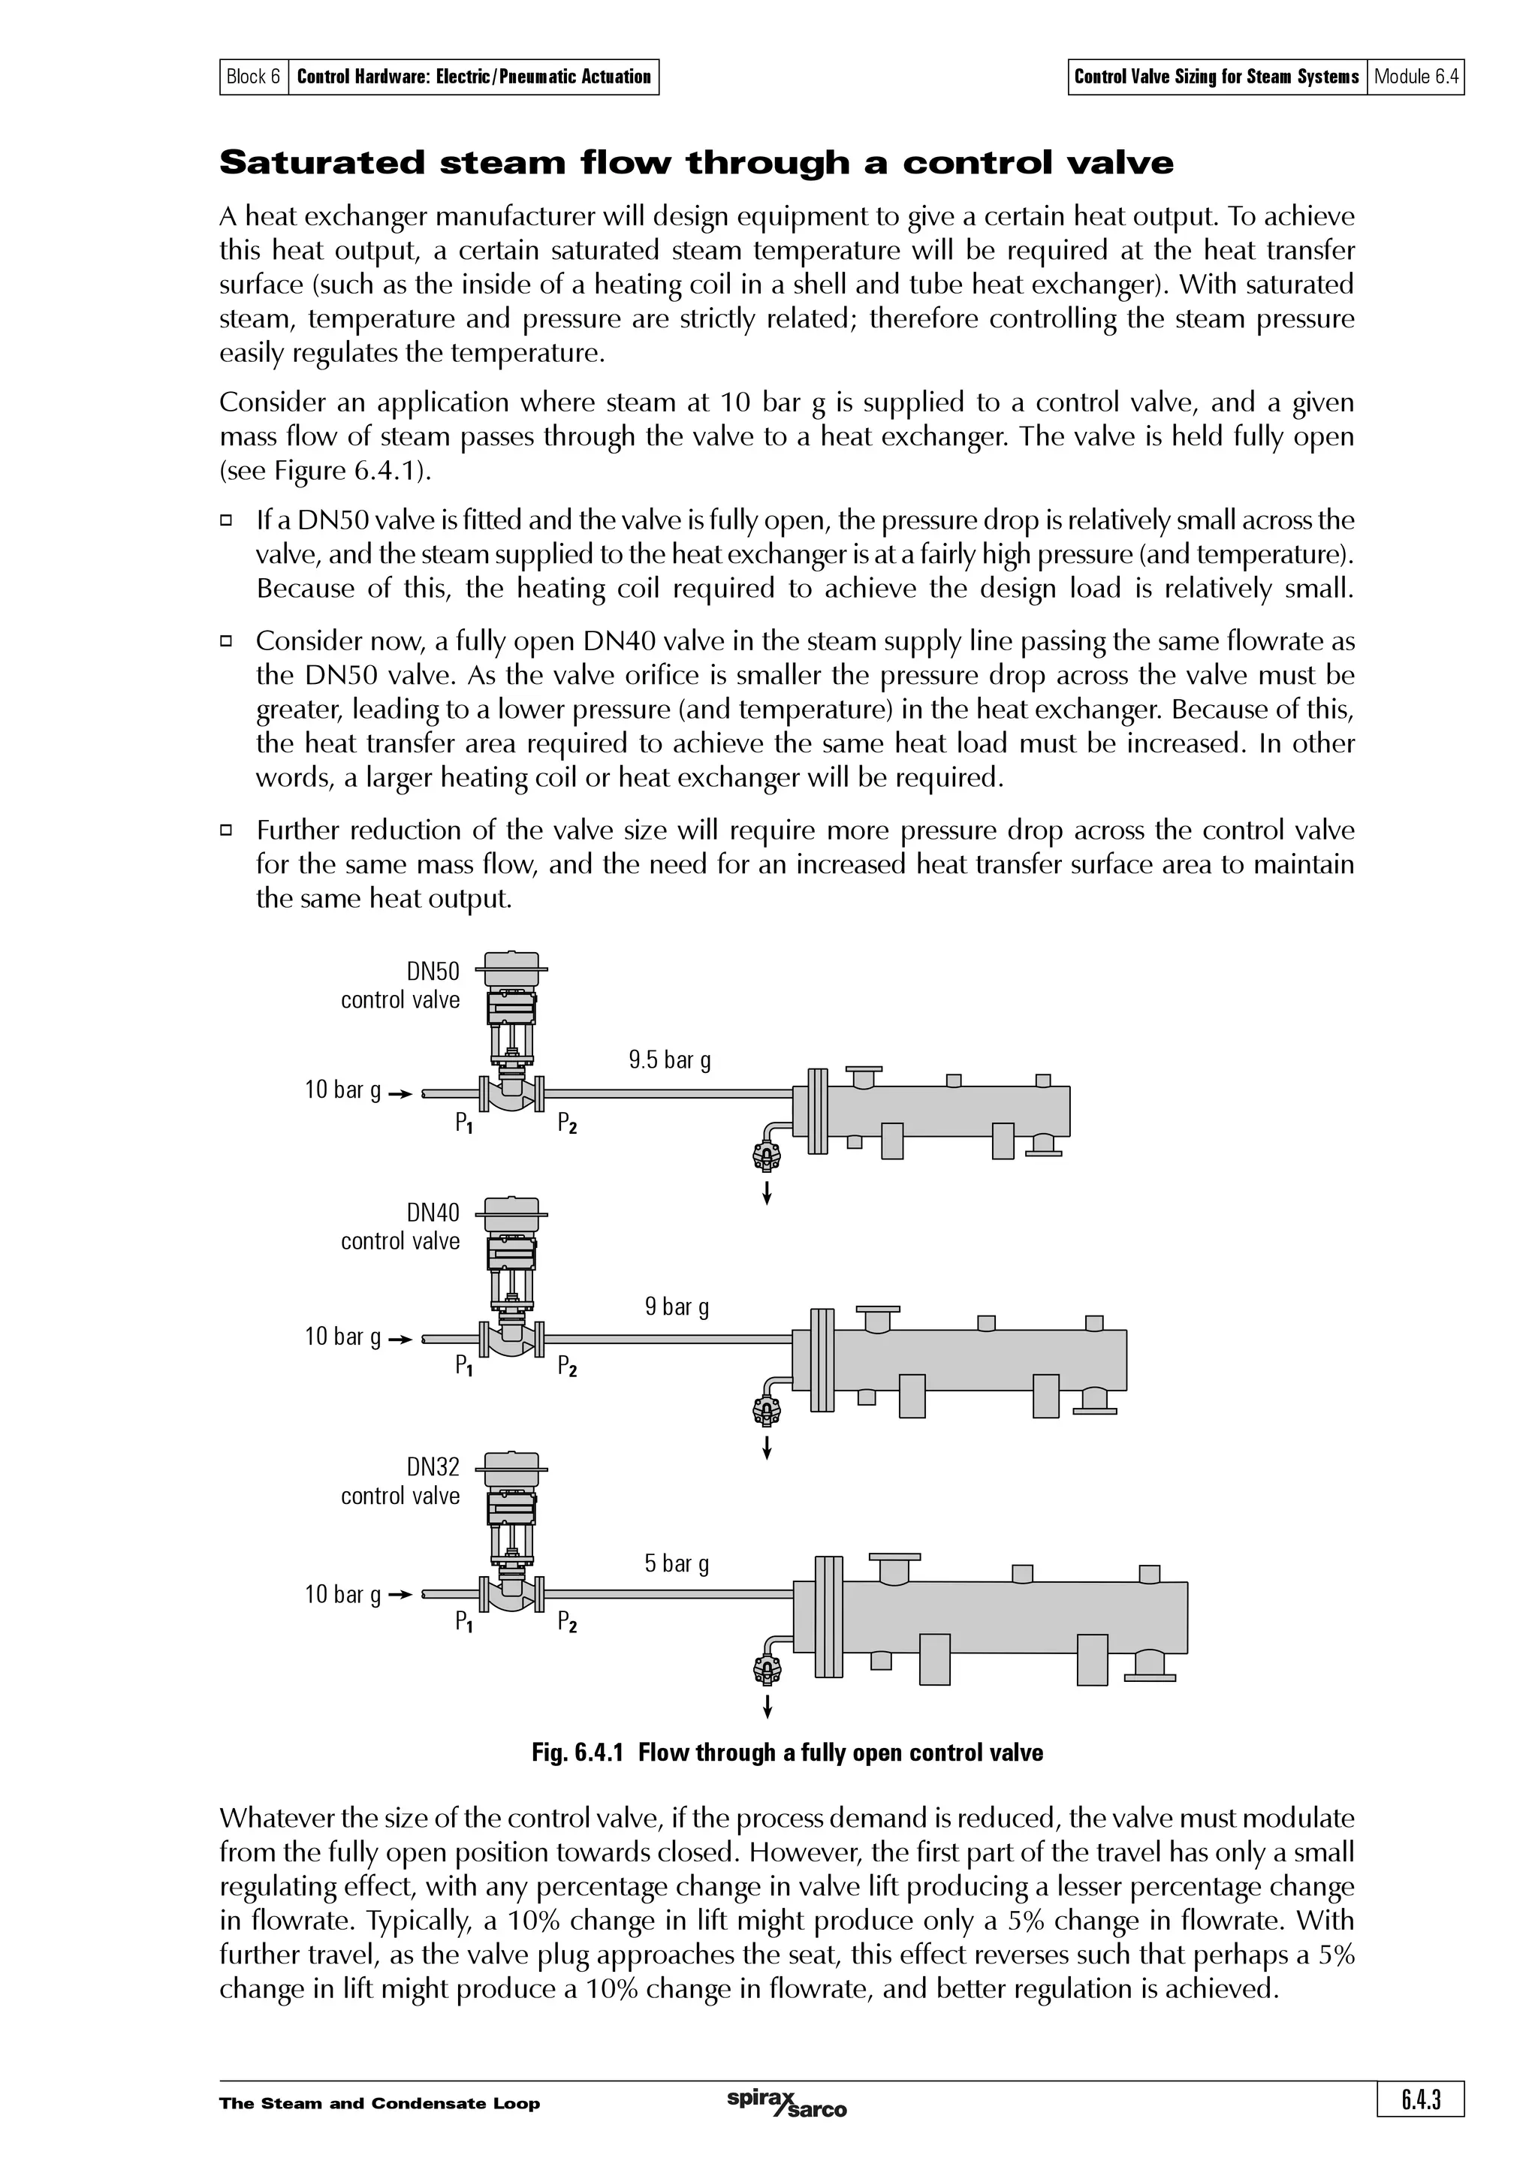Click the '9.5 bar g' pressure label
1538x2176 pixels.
pos(669,1059)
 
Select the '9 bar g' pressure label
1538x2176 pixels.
pos(677,1307)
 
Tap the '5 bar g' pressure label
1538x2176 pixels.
pos(677,1563)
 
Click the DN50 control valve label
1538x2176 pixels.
pos(401,986)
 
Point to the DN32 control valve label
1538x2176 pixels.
pos(401,1481)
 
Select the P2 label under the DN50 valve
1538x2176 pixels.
pos(567,1124)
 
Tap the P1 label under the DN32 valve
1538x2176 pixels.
pos(464,1623)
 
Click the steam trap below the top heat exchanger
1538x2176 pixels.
pos(766,1156)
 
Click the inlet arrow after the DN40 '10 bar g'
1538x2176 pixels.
pos(401,1339)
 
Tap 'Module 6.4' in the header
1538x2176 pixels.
pos(1416,77)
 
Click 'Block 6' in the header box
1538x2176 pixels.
pos(254,77)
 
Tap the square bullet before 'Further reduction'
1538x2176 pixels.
pos(227,831)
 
